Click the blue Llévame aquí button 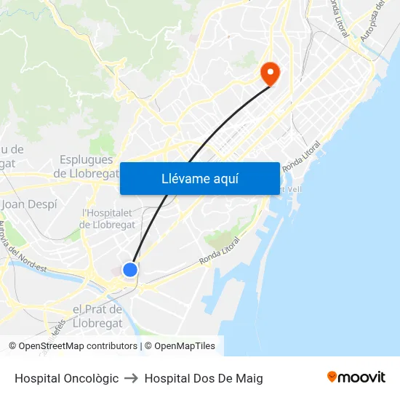(x=199, y=179)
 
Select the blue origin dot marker (x=130, y=270)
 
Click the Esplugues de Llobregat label (x=87, y=167)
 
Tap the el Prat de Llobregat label (x=97, y=316)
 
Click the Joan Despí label (x=29, y=204)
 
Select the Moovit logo (x=356, y=377)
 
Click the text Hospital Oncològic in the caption (x=66, y=378)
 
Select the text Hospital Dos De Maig (x=204, y=378)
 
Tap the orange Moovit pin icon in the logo (x=332, y=377)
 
